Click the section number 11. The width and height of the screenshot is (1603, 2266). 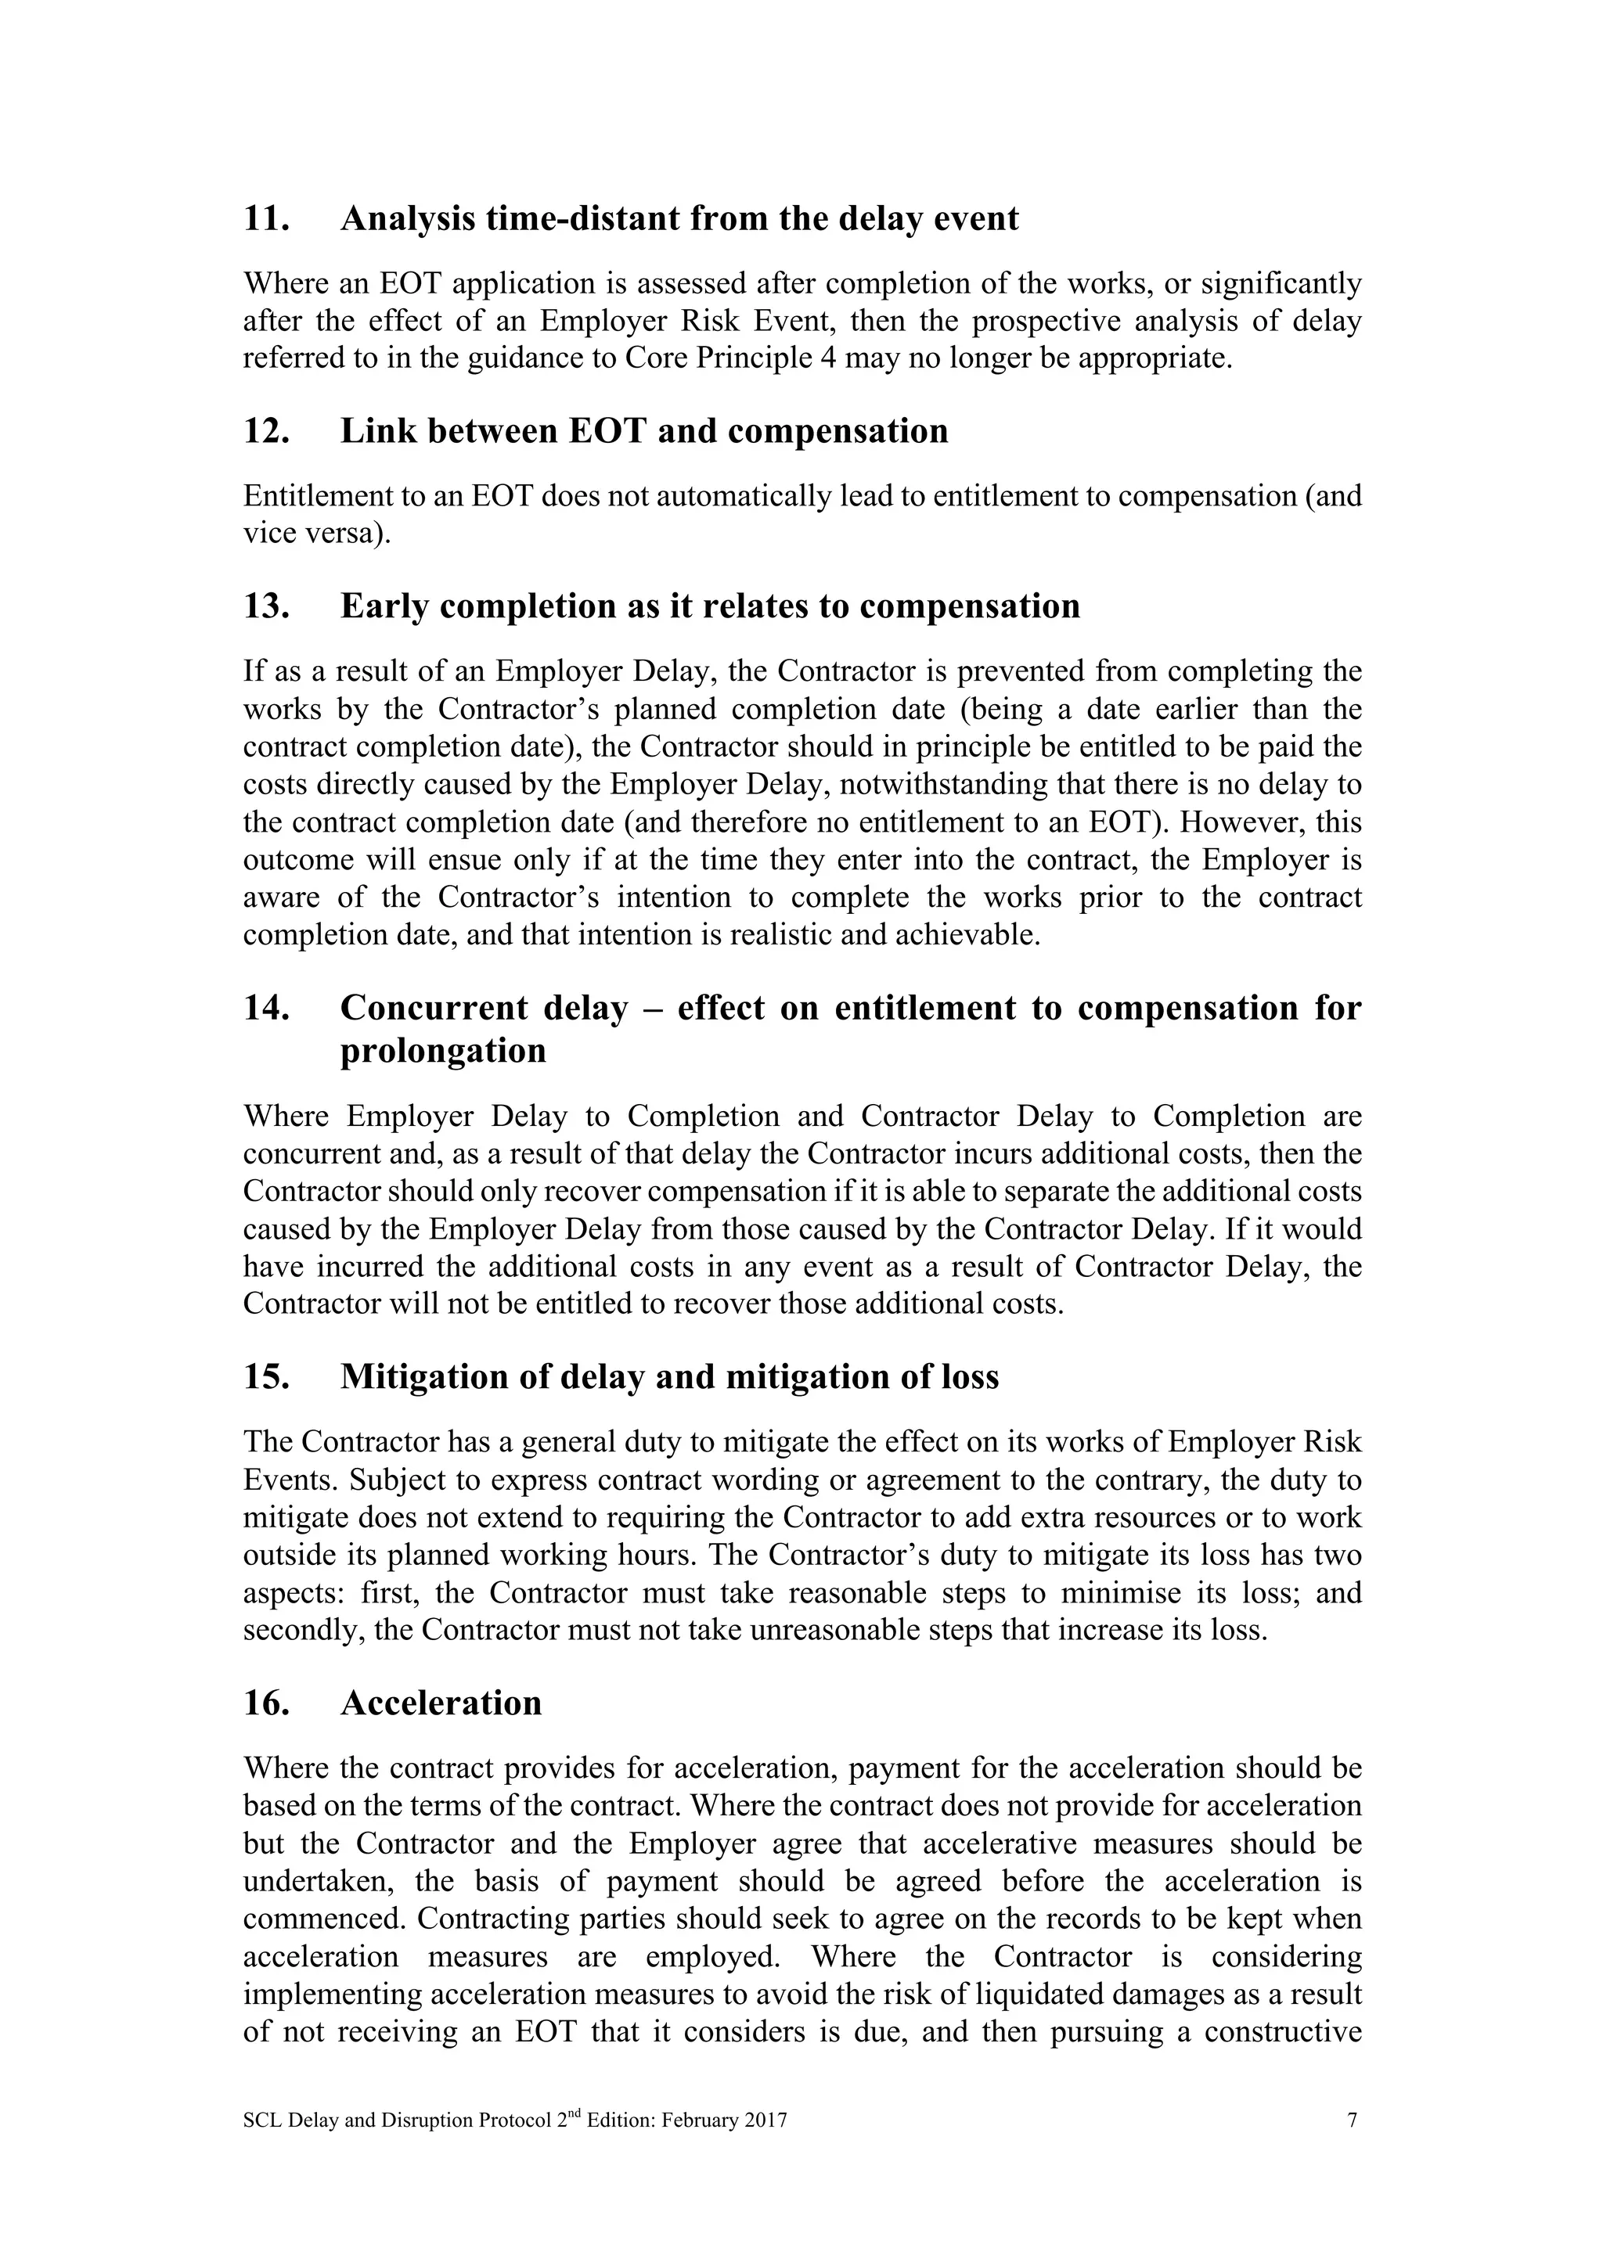pyautogui.click(x=265, y=218)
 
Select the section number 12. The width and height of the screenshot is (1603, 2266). pyautogui.click(x=265, y=431)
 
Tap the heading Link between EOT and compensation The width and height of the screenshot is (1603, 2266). pyautogui.click(x=643, y=431)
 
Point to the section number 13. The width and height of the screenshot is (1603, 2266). pyautogui.click(x=265, y=606)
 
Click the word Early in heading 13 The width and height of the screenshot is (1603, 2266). pyautogui.click(x=384, y=606)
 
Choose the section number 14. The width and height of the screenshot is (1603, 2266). pyautogui.click(x=265, y=1009)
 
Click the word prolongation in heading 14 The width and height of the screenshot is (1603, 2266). pyautogui.click(x=443, y=1050)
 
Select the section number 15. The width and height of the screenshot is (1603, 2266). pyautogui.click(x=265, y=1377)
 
